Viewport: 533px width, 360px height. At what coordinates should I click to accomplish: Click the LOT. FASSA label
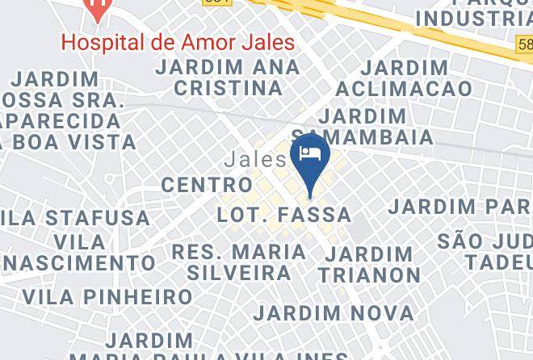point(284,215)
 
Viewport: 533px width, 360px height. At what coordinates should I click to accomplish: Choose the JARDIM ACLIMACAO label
point(404,78)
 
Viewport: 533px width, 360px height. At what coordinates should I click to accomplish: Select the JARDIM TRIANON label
point(369,264)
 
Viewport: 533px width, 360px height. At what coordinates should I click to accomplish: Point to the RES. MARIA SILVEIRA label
point(239,262)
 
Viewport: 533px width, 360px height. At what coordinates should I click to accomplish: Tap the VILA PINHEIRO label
point(107,296)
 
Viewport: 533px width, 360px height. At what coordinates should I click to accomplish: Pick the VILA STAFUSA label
point(76,218)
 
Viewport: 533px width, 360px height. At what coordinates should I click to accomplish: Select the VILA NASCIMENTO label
point(79,253)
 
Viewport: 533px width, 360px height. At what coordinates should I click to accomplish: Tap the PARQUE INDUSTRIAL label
point(476,12)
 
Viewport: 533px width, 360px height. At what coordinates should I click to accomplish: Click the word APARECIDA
point(61,122)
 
